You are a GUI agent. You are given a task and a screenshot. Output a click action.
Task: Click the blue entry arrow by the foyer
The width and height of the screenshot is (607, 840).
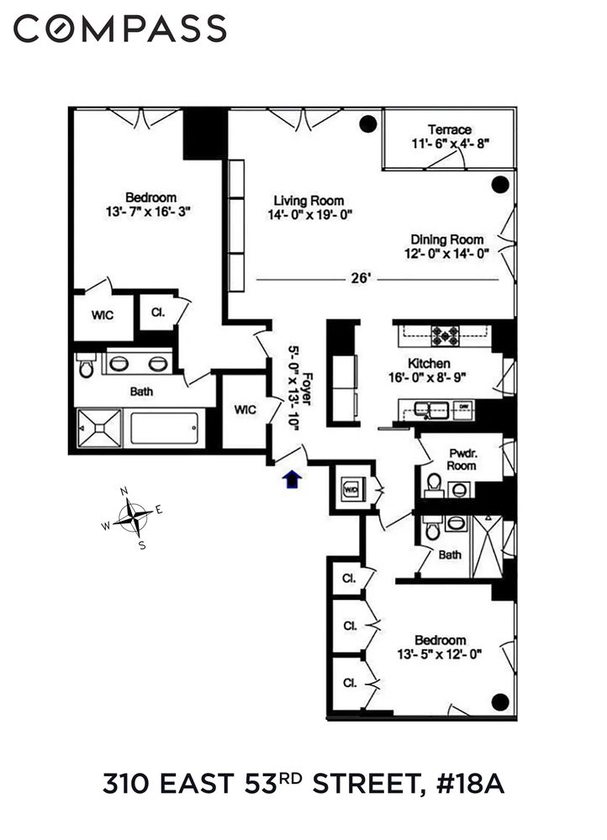(292, 479)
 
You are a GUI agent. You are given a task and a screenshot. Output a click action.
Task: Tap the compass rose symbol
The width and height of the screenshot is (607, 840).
(133, 516)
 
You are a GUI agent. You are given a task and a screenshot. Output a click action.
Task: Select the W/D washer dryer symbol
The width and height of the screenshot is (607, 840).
(351, 486)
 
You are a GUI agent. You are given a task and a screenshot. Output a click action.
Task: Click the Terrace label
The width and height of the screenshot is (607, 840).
(449, 129)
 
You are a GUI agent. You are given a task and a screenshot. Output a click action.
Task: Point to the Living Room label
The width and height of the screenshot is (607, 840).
(309, 200)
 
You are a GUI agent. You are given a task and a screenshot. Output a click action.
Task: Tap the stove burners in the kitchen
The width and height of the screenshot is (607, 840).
(443, 336)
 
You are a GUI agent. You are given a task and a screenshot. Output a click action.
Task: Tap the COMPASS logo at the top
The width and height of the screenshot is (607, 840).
(120, 29)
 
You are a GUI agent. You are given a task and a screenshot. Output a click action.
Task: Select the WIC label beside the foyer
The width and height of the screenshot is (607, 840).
(245, 410)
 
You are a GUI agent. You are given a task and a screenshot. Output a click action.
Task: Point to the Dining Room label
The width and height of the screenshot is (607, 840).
(447, 239)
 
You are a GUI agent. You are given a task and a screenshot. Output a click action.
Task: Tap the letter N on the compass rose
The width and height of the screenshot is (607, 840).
(124, 491)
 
